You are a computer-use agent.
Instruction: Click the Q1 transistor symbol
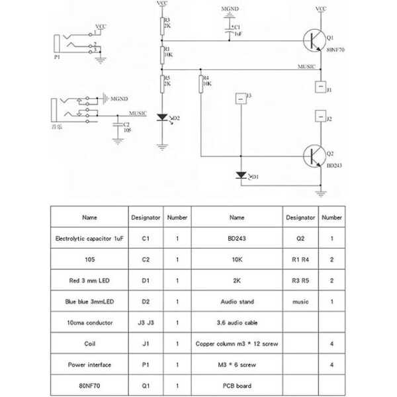[x=312, y=42]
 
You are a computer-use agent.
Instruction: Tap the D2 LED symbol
[x=162, y=118]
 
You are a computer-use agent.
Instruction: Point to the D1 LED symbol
[x=241, y=176]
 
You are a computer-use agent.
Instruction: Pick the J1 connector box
[x=321, y=87]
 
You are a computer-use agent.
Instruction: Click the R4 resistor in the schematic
[x=201, y=84]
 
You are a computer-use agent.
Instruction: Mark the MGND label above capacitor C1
[x=230, y=11]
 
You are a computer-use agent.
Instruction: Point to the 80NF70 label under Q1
[x=335, y=55]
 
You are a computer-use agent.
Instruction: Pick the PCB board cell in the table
[x=236, y=386]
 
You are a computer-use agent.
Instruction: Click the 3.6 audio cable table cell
[x=236, y=322]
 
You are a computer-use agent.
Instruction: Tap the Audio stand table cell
[x=236, y=301]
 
